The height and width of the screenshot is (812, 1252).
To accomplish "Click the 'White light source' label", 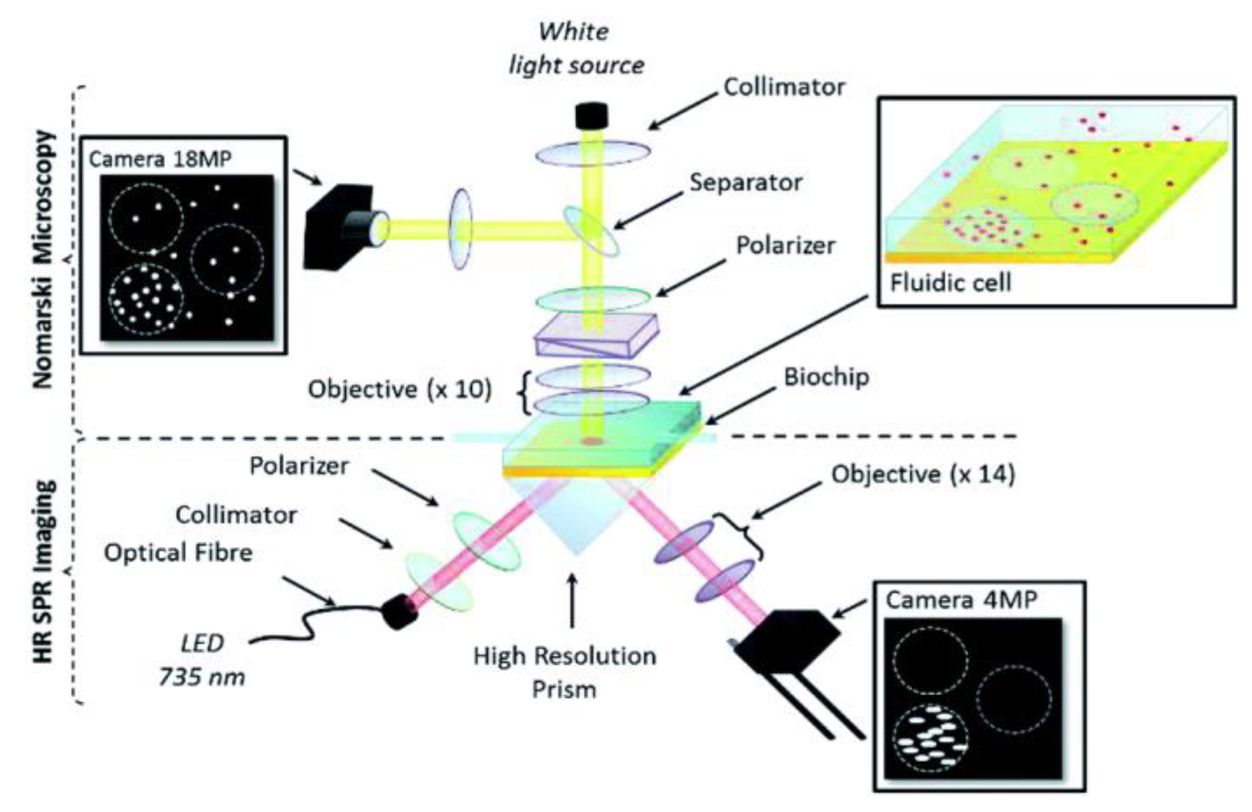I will coord(576,48).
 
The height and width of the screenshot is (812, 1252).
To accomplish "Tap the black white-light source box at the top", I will coord(591,116).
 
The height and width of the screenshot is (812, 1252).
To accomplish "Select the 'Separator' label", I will coord(745,183).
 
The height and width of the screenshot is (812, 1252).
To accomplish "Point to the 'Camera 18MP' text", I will coord(160,159).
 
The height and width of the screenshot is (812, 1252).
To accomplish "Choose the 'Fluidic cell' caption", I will coord(951,283).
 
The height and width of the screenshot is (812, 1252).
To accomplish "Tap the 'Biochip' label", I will coord(826,377).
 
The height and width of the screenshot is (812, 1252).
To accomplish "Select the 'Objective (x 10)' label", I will coord(399,389).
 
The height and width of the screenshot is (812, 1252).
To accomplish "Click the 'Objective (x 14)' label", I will coord(923,474).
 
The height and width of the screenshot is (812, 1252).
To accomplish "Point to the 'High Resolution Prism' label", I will coord(564,672).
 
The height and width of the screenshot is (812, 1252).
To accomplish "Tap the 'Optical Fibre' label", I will coord(178,552).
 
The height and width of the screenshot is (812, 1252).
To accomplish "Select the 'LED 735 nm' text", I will coord(202,660).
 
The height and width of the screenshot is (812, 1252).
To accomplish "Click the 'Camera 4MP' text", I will coord(961,600).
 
